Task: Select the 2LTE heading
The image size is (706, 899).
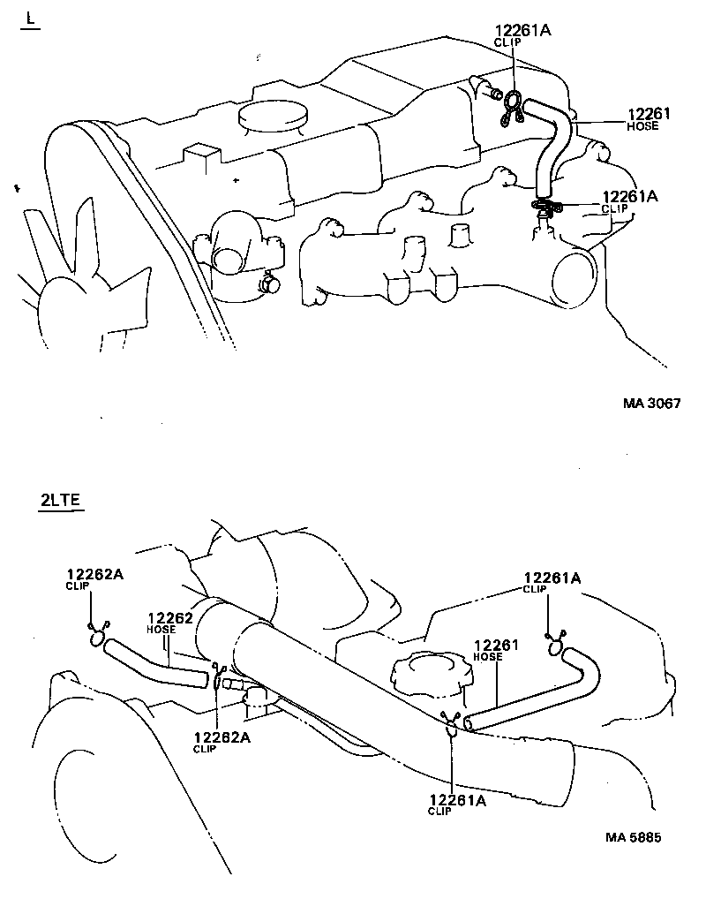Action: point(60,501)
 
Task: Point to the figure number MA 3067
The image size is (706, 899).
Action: point(651,404)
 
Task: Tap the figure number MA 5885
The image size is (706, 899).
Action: point(633,836)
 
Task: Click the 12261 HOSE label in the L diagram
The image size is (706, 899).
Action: point(649,118)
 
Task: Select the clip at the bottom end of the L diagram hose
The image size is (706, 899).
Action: point(546,208)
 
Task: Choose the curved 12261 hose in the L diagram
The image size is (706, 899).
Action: point(551,141)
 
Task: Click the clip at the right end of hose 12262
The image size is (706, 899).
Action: point(217,677)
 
